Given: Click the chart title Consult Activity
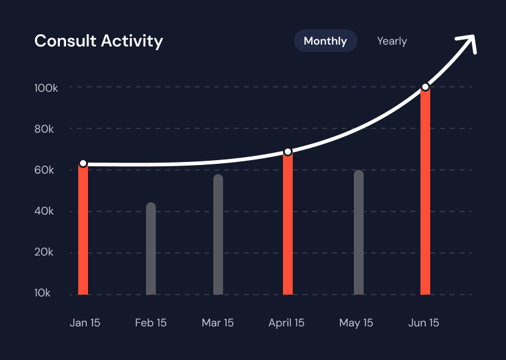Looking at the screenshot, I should coord(98,41).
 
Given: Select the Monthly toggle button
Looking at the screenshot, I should coord(325,41).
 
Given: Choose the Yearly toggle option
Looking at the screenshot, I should coord(392,41).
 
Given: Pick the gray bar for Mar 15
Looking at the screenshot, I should coord(218,235).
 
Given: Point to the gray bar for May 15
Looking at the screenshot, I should coord(359,233).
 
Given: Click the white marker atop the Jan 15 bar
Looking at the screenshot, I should coord(83,164).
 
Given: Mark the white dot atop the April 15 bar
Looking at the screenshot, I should coord(288,152).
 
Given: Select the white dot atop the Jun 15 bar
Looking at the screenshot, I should coord(425,87).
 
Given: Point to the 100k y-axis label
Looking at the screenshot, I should coord(46,88).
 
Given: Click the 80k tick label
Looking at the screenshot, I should coord(45,129).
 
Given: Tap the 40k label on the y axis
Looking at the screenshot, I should coord(45,211).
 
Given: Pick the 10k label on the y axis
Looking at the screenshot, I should coord(43,293).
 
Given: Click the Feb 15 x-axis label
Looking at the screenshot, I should coord(150,323).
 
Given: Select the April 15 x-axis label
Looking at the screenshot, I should coord(286,323).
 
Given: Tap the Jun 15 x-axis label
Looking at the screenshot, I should coord(424,323).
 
